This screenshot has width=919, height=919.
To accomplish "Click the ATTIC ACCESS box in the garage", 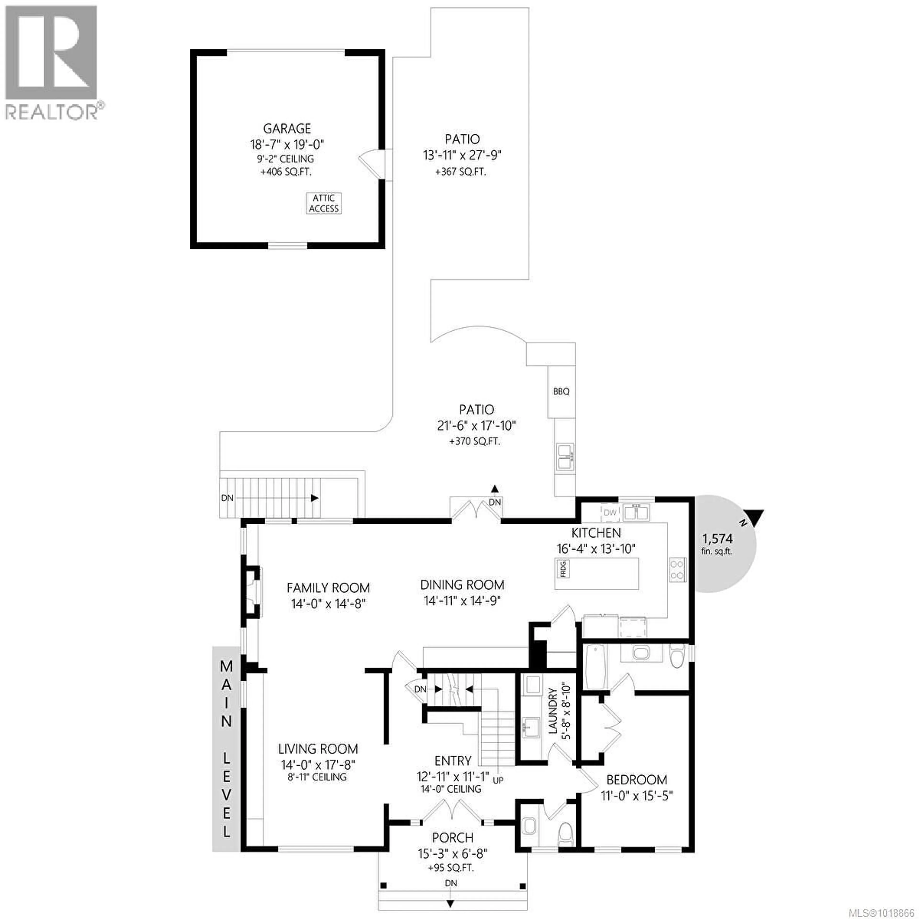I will click(324, 203).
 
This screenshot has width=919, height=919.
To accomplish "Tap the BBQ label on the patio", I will click(561, 392).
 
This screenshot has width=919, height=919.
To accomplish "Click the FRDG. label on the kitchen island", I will click(564, 569).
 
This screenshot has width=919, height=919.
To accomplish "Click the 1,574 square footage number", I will click(717, 539).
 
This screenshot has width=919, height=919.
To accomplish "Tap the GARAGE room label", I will click(287, 129).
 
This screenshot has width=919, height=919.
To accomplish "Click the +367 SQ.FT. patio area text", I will click(460, 172).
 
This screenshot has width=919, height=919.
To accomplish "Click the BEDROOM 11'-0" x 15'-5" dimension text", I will click(636, 795).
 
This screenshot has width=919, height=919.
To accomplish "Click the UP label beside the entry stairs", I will click(498, 780).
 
